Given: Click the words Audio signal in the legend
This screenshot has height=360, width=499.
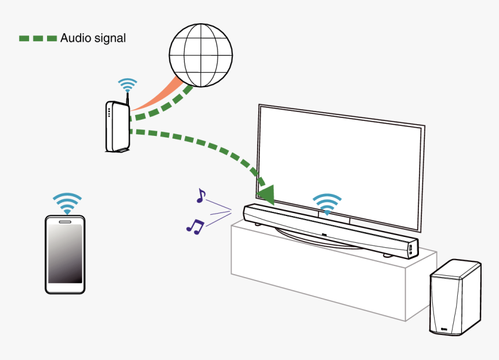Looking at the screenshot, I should point(93,38).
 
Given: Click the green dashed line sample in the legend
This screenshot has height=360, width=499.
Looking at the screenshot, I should point(38,38).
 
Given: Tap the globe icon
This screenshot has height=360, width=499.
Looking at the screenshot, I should point(200,56).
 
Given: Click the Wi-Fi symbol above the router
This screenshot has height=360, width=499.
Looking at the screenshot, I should point(127,85).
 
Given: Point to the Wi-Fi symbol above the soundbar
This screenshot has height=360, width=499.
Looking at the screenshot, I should point(327,203).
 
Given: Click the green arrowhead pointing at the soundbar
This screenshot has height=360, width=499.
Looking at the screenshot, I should point(267,194).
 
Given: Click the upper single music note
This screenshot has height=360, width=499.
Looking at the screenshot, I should point(201,196).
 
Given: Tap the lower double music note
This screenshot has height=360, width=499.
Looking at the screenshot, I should point(195,226).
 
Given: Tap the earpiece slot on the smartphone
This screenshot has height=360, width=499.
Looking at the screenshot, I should point(65,221).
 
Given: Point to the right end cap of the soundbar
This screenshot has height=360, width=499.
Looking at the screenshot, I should point(411,249).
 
